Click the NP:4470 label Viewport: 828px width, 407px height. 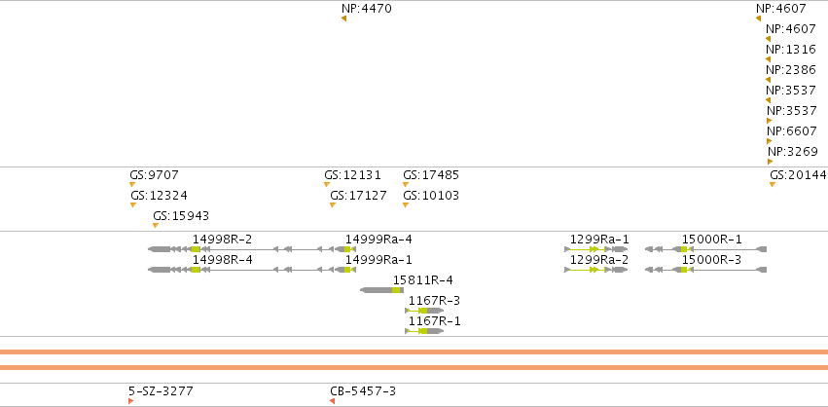click(367, 9)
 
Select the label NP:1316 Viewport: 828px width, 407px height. click(791, 49)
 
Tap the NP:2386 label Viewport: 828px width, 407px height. click(791, 70)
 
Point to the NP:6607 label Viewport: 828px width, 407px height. click(792, 131)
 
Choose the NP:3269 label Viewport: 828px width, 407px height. click(793, 152)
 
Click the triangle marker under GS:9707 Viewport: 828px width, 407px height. click(132, 184)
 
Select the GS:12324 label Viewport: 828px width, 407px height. click(159, 196)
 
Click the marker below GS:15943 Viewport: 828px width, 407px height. click(156, 226)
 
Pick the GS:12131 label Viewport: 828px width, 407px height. click(352, 175)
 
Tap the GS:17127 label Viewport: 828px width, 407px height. click(358, 196)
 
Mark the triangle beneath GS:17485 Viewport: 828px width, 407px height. click(406, 184)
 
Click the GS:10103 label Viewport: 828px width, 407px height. click(431, 196)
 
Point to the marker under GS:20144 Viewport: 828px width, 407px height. click(772, 184)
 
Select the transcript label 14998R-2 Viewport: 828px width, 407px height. click(222, 240)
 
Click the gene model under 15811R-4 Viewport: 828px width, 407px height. click(381, 290)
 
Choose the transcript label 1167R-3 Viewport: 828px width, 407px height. click(434, 301)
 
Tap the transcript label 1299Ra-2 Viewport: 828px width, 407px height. click(599, 260)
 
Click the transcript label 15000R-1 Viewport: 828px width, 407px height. click(712, 240)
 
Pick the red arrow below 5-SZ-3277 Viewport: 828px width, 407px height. click(130, 401)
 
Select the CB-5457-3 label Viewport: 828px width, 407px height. click(363, 391)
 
